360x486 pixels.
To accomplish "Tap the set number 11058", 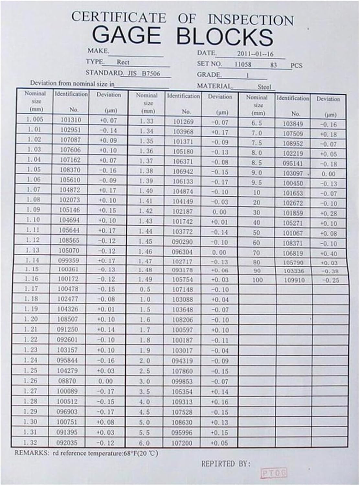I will point(243,64).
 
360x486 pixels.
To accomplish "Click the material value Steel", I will point(264,87).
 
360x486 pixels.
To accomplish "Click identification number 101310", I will point(71,120).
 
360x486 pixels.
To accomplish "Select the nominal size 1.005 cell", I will point(34,119).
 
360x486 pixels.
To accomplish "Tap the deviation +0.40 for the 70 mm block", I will point(328,254).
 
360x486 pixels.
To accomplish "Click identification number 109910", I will point(294,280).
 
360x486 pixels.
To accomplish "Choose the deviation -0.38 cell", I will point(328,271).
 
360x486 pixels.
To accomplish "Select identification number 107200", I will point(182,443).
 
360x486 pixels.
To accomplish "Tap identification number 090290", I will point(183,242).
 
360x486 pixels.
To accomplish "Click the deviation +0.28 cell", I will point(328,214).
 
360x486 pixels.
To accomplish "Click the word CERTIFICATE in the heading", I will point(118,17).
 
